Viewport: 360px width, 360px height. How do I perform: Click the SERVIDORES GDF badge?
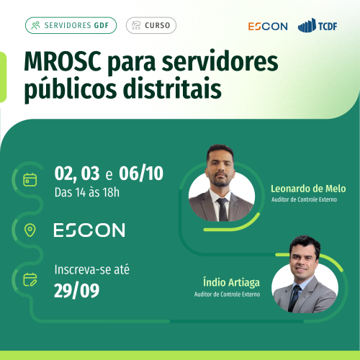71,25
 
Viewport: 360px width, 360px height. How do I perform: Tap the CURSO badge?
151,25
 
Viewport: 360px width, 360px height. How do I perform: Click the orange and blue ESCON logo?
268,27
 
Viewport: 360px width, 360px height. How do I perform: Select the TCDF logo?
318,25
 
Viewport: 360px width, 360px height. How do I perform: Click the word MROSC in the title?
63,62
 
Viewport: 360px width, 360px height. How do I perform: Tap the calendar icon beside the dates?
30,179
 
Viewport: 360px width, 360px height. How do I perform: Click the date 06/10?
141,173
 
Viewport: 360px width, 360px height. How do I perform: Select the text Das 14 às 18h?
87,192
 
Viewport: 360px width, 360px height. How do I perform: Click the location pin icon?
30,230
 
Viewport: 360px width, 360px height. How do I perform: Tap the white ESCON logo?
89,230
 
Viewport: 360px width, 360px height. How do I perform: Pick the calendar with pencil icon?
30,279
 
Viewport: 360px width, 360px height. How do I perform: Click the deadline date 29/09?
76,291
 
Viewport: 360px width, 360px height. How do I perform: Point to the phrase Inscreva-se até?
92,269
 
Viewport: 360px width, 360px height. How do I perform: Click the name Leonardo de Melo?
308,189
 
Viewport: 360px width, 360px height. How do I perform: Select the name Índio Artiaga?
231,282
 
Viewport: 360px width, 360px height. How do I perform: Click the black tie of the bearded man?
222,210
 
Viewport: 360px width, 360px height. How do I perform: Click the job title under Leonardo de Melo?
304,199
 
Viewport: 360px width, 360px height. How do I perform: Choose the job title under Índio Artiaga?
227,294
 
